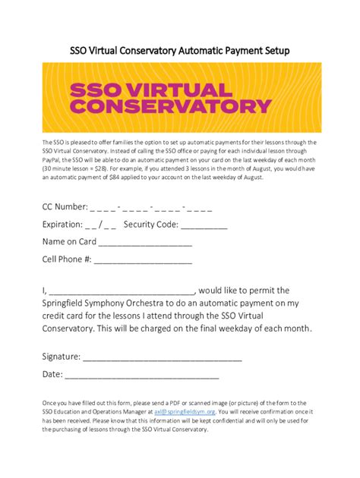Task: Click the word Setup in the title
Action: point(273,50)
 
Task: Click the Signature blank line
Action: point(163,357)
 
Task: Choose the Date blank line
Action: point(142,375)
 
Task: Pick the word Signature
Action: point(61,356)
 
